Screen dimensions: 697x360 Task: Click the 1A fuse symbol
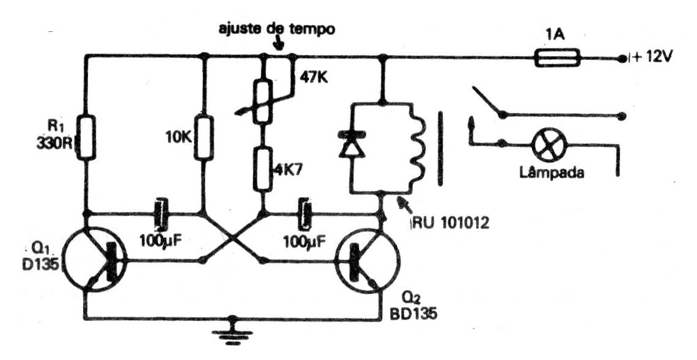pyautogui.click(x=558, y=58)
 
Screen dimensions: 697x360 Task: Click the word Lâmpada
pyautogui.click(x=551, y=172)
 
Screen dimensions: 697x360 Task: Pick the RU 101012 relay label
pyautogui.click(x=449, y=222)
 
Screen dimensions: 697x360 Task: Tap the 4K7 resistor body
pyautogui.click(x=263, y=169)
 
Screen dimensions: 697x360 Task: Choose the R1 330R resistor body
pyautogui.click(x=87, y=138)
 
